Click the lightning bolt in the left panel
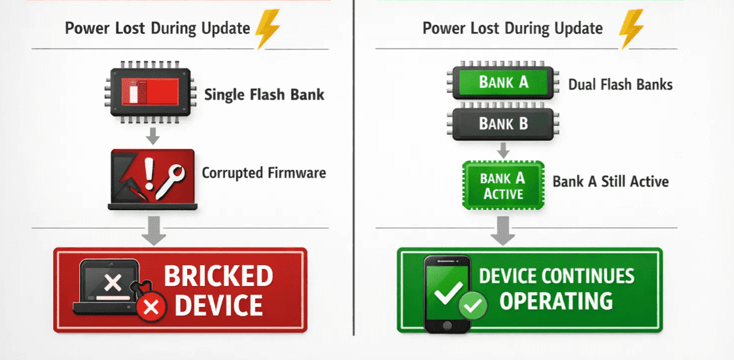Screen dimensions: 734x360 pyautogui.click(x=268, y=29)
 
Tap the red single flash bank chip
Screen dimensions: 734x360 pyautogui.click(x=150, y=92)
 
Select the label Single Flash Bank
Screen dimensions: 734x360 pyautogui.click(x=264, y=94)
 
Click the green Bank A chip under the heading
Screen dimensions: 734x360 pyautogui.click(x=503, y=82)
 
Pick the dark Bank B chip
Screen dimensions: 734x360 pyautogui.click(x=503, y=124)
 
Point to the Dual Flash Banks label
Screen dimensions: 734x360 pyautogui.click(x=620, y=84)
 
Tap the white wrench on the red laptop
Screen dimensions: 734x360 pyautogui.click(x=170, y=182)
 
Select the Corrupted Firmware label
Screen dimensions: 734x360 pyautogui.click(x=264, y=173)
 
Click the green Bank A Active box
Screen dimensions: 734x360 pyautogui.click(x=503, y=185)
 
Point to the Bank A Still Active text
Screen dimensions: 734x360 pyautogui.click(x=610, y=181)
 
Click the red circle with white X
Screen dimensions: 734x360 pyautogui.click(x=151, y=308)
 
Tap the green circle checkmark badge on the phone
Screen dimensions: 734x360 pyautogui.click(x=473, y=306)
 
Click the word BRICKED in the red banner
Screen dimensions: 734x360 pyautogui.click(x=218, y=276)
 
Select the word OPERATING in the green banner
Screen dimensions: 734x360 pyautogui.click(x=556, y=300)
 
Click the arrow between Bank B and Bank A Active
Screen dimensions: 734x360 pyautogui.click(x=503, y=151)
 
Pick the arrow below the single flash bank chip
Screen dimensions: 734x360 pyautogui.click(x=152, y=135)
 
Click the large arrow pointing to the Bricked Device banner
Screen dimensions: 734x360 pyautogui.click(x=154, y=230)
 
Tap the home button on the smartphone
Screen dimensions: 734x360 pyautogui.click(x=447, y=325)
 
